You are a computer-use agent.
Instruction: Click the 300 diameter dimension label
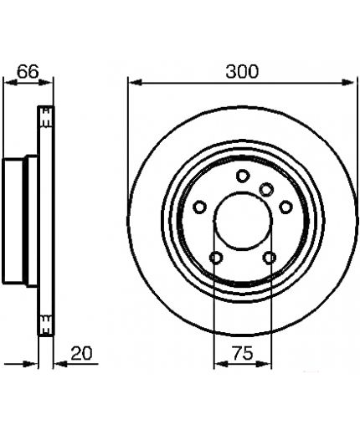pyautogui.click(x=242, y=71)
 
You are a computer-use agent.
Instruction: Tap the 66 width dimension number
pyautogui.click(x=28, y=72)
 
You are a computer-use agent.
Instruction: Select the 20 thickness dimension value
pyautogui.click(x=81, y=353)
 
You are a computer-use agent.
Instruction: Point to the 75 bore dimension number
pyautogui.click(x=243, y=353)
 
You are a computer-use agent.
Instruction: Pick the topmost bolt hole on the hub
pyautogui.click(x=243, y=176)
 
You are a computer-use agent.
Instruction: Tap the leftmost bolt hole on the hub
pyautogui.click(x=200, y=207)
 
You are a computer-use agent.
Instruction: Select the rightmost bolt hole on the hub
pyautogui.click(x=285, y=207)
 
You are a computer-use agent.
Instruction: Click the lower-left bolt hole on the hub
pyautogui.click(x=216, y=257)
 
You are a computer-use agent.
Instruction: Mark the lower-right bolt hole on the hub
pyautogui.click(x=270, y=257)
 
